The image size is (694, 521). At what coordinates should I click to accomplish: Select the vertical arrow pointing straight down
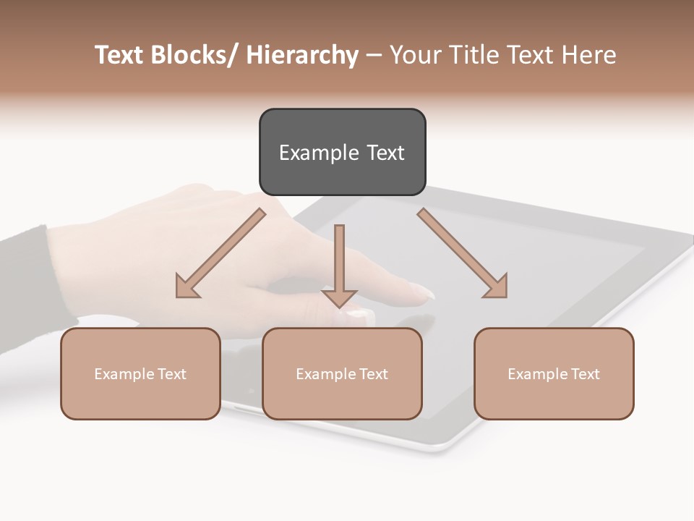click(x=339, y=264)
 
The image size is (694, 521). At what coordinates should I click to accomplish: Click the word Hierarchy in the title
click(x=302, y=55)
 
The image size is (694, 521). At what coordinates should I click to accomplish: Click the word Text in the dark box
click(x=385, y=153)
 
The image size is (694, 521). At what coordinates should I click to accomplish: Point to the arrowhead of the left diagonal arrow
click(x=187, y=287)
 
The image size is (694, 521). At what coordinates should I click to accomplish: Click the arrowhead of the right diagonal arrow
click(x=497, y=287)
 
